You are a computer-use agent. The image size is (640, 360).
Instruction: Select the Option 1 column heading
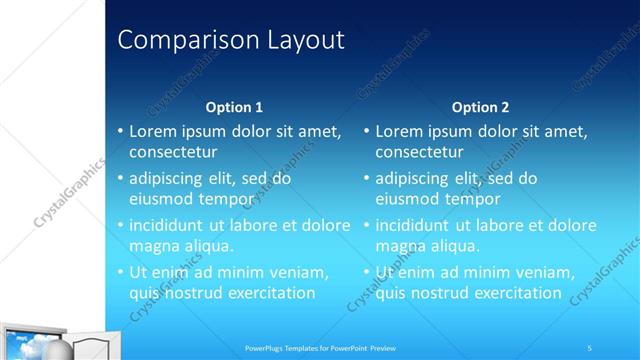[234, 107]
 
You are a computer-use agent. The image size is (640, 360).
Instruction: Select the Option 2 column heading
[480, 107]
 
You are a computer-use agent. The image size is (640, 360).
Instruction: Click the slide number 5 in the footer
[589, 347]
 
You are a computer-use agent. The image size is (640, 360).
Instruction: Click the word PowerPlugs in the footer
[267, 348]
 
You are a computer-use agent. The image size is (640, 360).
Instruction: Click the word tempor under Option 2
[473, 199]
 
